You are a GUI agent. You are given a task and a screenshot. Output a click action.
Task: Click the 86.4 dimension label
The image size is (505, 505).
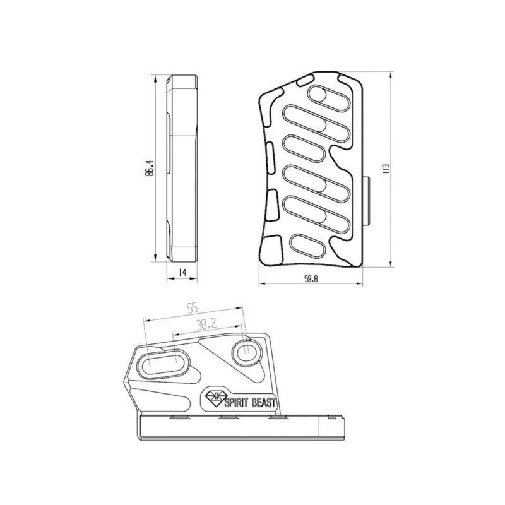(150, 168)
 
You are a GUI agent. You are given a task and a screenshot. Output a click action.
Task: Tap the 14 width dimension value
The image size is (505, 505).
(182, 273)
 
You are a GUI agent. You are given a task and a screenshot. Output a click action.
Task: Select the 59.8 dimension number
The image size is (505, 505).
(311, 279)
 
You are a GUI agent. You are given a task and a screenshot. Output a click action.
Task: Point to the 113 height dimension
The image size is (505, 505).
(386, 169)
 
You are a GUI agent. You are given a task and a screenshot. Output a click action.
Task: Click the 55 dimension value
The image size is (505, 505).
(192, 309)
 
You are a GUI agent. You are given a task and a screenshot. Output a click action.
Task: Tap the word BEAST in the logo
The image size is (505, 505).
(263, 403)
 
